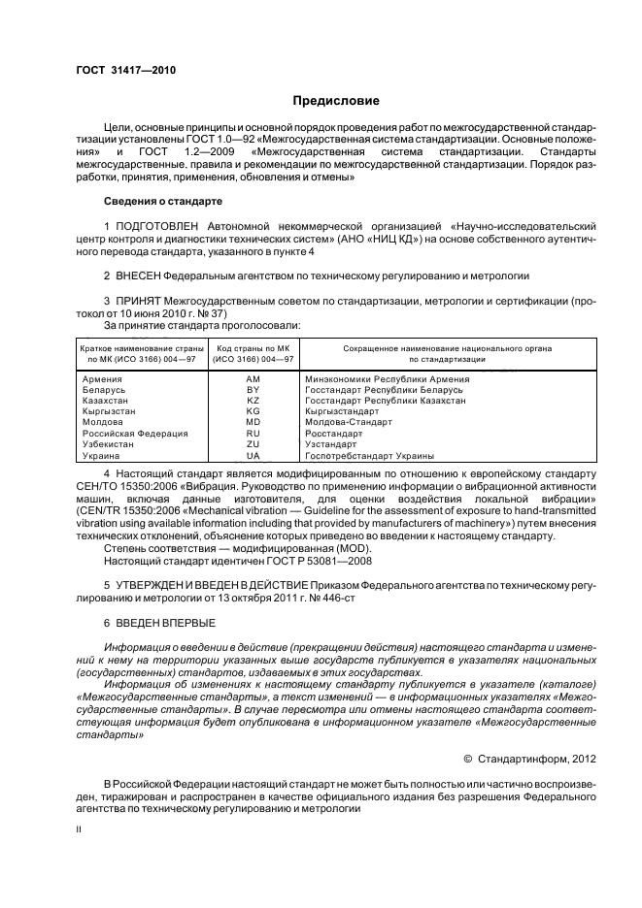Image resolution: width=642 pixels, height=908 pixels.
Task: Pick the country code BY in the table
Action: (253, 389)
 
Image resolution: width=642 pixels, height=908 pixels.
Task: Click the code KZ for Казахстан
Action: (253, 400)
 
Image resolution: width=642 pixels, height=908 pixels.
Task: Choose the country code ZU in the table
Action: (253, 444)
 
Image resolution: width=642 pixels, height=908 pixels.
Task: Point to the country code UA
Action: (253, 455)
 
